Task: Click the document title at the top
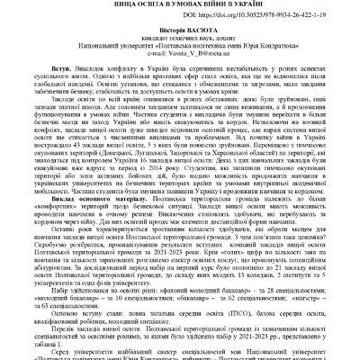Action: [180, 4]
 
